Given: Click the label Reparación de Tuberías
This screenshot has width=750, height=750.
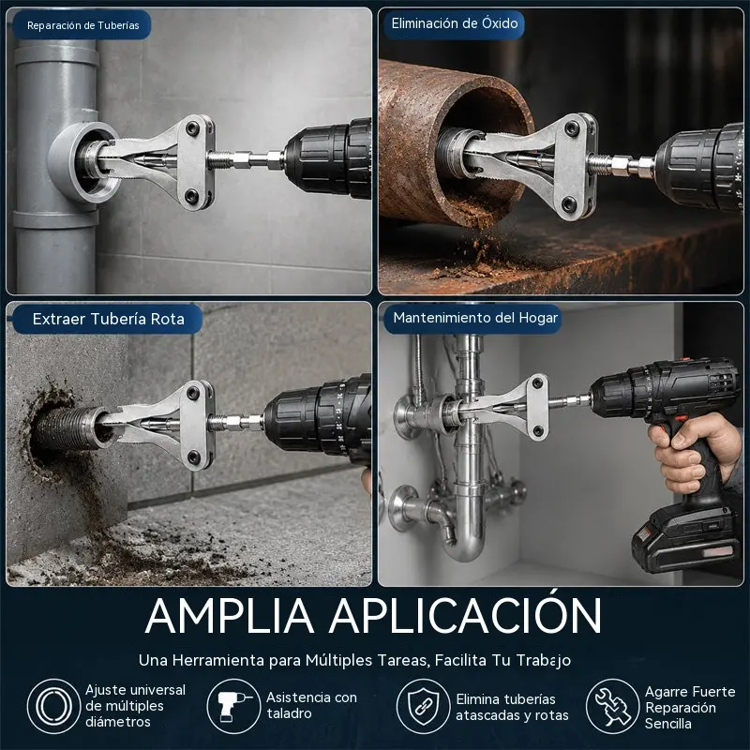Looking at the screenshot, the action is pos(82,25).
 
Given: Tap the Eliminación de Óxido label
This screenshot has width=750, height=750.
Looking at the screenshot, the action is pos(455,22).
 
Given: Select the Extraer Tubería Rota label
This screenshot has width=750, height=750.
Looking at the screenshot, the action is pos(109,319).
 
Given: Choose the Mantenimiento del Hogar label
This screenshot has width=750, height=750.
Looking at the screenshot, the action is pos(475,318).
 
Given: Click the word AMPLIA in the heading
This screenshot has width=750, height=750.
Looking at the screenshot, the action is pos(230,616).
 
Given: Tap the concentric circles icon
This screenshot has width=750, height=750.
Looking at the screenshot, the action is pos(54,706).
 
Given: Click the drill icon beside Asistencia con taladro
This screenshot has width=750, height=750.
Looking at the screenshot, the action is pos(233,706).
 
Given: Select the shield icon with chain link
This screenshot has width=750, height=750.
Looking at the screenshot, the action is pos(424,706).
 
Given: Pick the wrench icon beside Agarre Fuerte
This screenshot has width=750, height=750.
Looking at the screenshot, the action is pos(613,706).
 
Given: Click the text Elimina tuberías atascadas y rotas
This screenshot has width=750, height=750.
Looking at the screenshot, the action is pos(512,707).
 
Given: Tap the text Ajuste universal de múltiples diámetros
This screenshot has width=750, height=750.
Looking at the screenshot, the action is pos(135,706).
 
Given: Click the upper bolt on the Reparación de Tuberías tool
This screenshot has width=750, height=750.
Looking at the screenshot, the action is pos(193,128).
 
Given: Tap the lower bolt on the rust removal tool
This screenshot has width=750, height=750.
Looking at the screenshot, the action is pos(569,203).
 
